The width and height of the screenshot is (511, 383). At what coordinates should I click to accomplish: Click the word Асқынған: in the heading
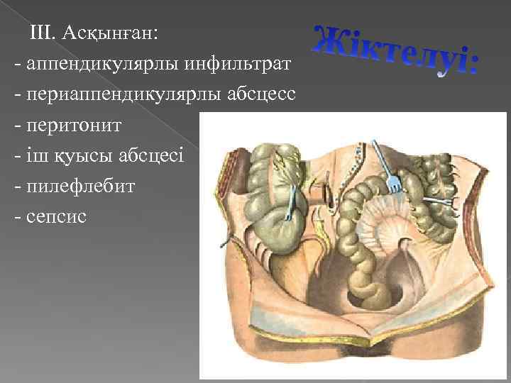(116, 33)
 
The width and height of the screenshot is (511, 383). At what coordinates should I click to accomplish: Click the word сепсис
(55, 216)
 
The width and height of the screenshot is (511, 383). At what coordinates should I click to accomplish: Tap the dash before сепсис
(17, 216)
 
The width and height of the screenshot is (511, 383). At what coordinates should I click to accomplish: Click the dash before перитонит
(17, 125)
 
